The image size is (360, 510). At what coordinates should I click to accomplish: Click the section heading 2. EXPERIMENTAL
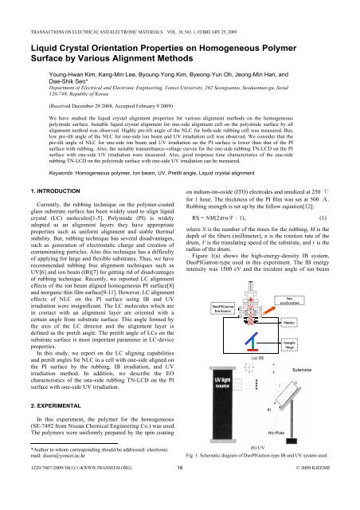point(39,412)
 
